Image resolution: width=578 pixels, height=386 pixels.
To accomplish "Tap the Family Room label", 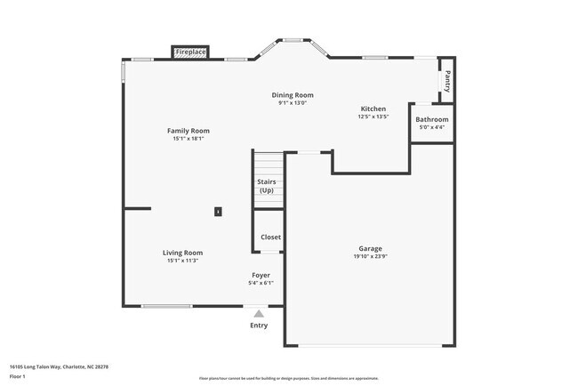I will (x=189, y=131).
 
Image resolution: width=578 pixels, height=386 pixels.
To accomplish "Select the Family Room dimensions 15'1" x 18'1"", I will (x=189, y=139).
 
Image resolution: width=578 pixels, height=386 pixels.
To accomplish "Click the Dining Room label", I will (x=293, y=95).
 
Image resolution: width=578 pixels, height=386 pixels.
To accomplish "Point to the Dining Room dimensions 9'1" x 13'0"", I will (x=293, y=103).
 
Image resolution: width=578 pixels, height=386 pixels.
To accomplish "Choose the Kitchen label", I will (x=373, y=109).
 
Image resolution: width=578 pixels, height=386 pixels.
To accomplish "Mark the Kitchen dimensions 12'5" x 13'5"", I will (x=373, y=117).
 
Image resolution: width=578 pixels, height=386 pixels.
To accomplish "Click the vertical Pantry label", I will (x=447, y=81).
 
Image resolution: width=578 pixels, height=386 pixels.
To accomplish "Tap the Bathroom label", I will (x=432, y=119).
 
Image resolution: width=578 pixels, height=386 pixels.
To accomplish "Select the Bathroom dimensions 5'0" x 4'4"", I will (x=432, y=127).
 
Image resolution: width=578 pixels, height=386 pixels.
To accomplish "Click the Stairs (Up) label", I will (x=267, y=187).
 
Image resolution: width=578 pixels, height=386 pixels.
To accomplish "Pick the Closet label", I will (x=270, y=237).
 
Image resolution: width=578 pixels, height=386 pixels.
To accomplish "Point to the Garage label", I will (x=371, y=249).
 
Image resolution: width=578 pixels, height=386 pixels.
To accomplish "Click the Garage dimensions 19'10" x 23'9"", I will (x=371, y=257).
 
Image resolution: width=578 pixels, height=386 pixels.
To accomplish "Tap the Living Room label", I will (x=182, y=253).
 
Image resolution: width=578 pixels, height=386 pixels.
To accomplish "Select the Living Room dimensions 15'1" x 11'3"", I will (x=182, y=261).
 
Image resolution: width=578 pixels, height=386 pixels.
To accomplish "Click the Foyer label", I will (x=261, y=276).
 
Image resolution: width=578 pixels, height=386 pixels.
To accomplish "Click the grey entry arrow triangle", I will (x=259, y=313).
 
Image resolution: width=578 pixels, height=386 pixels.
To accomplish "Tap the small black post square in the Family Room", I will (x=218, y=212).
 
